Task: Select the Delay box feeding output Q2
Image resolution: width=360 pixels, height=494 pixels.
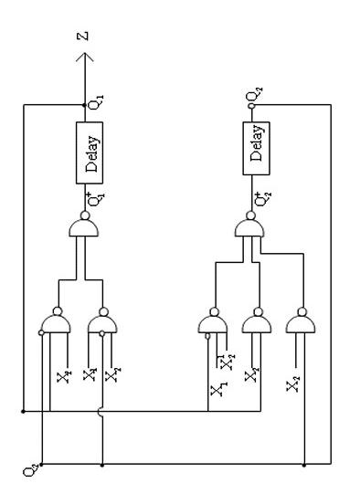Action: coord(255,144)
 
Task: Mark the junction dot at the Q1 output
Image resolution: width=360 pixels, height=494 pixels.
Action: coord(86,104)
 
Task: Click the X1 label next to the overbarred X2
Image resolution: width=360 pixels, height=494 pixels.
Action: coord(218,390)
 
